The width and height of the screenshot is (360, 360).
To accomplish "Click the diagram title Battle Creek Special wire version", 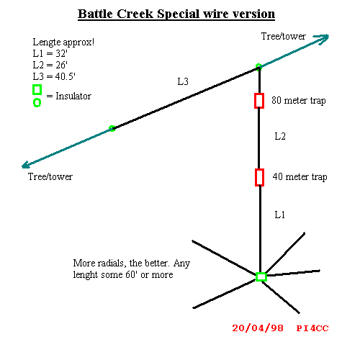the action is (176, 14).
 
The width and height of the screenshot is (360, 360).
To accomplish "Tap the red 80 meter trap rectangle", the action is (255, 101).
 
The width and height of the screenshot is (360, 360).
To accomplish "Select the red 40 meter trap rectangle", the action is (256, 177).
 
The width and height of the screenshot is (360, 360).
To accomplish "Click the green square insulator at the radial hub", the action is (257, 276).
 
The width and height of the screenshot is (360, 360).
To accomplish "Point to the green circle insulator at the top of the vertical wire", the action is (258, 66).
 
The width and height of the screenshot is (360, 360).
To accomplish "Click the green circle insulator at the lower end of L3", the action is (112, 128).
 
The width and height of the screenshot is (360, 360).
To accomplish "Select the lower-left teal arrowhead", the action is (26, 165).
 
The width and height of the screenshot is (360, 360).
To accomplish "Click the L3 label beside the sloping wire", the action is (183, 82).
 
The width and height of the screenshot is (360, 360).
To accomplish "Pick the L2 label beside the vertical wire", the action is (280, 136).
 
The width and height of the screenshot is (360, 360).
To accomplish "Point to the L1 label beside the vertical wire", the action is (280, 215).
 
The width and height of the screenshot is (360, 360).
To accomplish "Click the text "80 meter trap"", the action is (299, 101).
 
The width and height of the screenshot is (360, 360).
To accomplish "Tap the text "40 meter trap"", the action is (300, 177).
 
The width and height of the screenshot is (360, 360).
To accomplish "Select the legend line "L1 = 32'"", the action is (50, 53).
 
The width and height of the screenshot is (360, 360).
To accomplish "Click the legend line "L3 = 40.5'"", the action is (54, 76).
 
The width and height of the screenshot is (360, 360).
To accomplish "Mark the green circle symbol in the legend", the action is (34, 103).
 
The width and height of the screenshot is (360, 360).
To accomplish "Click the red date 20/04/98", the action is (258, 328).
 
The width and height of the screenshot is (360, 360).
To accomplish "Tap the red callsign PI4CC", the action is (312, 328).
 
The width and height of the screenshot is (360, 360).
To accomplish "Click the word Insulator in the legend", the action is (73, 96).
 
